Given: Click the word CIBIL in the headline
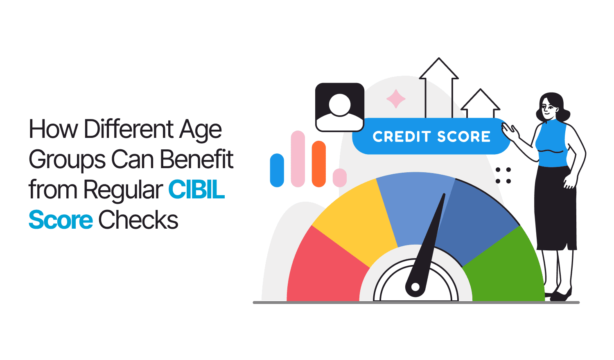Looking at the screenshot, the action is pos(196,189).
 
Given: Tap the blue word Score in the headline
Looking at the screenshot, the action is pos(61,219).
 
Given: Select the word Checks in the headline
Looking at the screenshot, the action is pos(138,219).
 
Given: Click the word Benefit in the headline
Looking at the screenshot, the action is pos(196,159).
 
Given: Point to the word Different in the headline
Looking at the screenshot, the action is pos(129,128).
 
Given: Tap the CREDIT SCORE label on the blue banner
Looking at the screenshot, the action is pos(431,137).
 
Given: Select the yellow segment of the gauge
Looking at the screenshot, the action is pos(357,219).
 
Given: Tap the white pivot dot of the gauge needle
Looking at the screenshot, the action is pos(415,287).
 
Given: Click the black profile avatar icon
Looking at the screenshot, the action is pos(340,108).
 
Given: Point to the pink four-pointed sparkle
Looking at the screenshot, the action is pos(396,99).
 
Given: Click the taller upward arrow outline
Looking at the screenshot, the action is pos(438,88).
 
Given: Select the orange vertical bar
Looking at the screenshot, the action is pos(319,164).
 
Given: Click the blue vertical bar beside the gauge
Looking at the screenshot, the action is pos(277,170).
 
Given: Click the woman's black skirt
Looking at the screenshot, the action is pos(555,208).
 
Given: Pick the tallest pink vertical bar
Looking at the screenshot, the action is pos(298,159).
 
